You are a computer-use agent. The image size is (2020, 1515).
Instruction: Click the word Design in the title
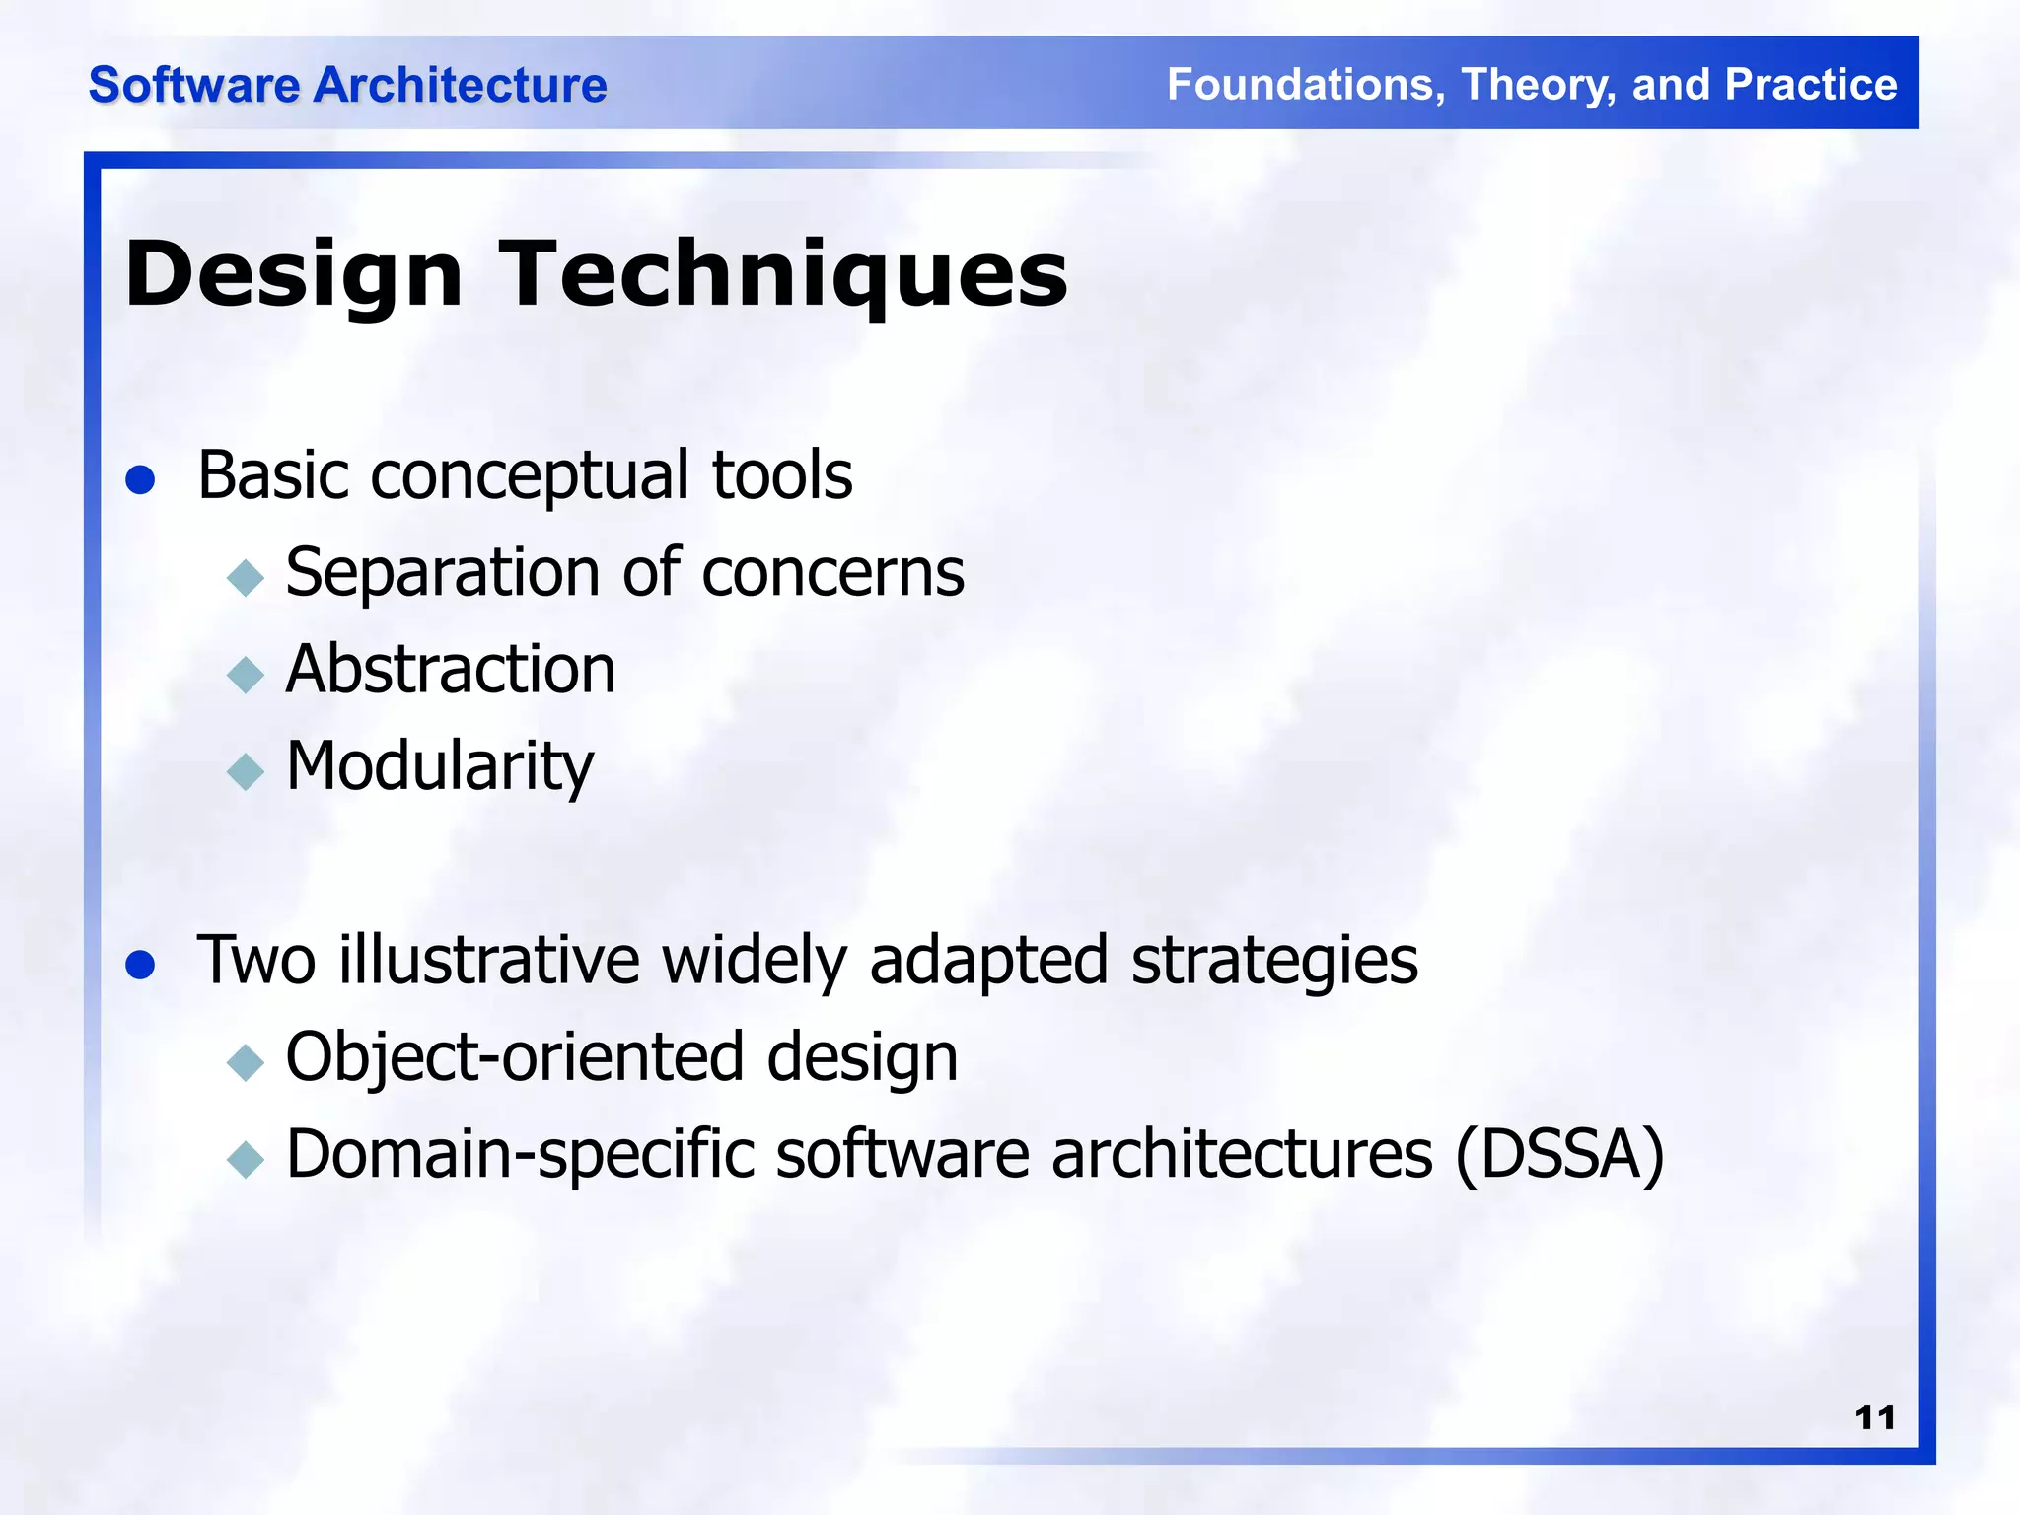tap(294, 276)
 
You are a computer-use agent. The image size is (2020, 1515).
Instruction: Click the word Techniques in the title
tap(784, 276)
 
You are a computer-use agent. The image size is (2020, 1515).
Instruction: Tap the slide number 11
tap(1874, 1417)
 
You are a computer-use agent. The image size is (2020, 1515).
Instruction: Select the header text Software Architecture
tap(347, 85)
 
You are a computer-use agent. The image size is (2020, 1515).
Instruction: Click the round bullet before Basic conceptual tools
tap(141, 480)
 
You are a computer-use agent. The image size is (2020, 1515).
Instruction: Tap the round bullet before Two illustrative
tap(141, 965)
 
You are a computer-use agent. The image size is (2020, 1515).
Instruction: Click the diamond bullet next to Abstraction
tap(246, 676)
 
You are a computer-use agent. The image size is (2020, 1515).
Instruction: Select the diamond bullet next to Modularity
tap(246, 771)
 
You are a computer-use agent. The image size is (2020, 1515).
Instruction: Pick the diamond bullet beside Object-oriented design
tap(246, 1062)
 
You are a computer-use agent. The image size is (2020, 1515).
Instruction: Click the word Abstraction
tap(451, 670)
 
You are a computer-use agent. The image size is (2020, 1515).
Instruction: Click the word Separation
tap(443, 573)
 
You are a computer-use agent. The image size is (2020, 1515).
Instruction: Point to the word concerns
tap(832, 573)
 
